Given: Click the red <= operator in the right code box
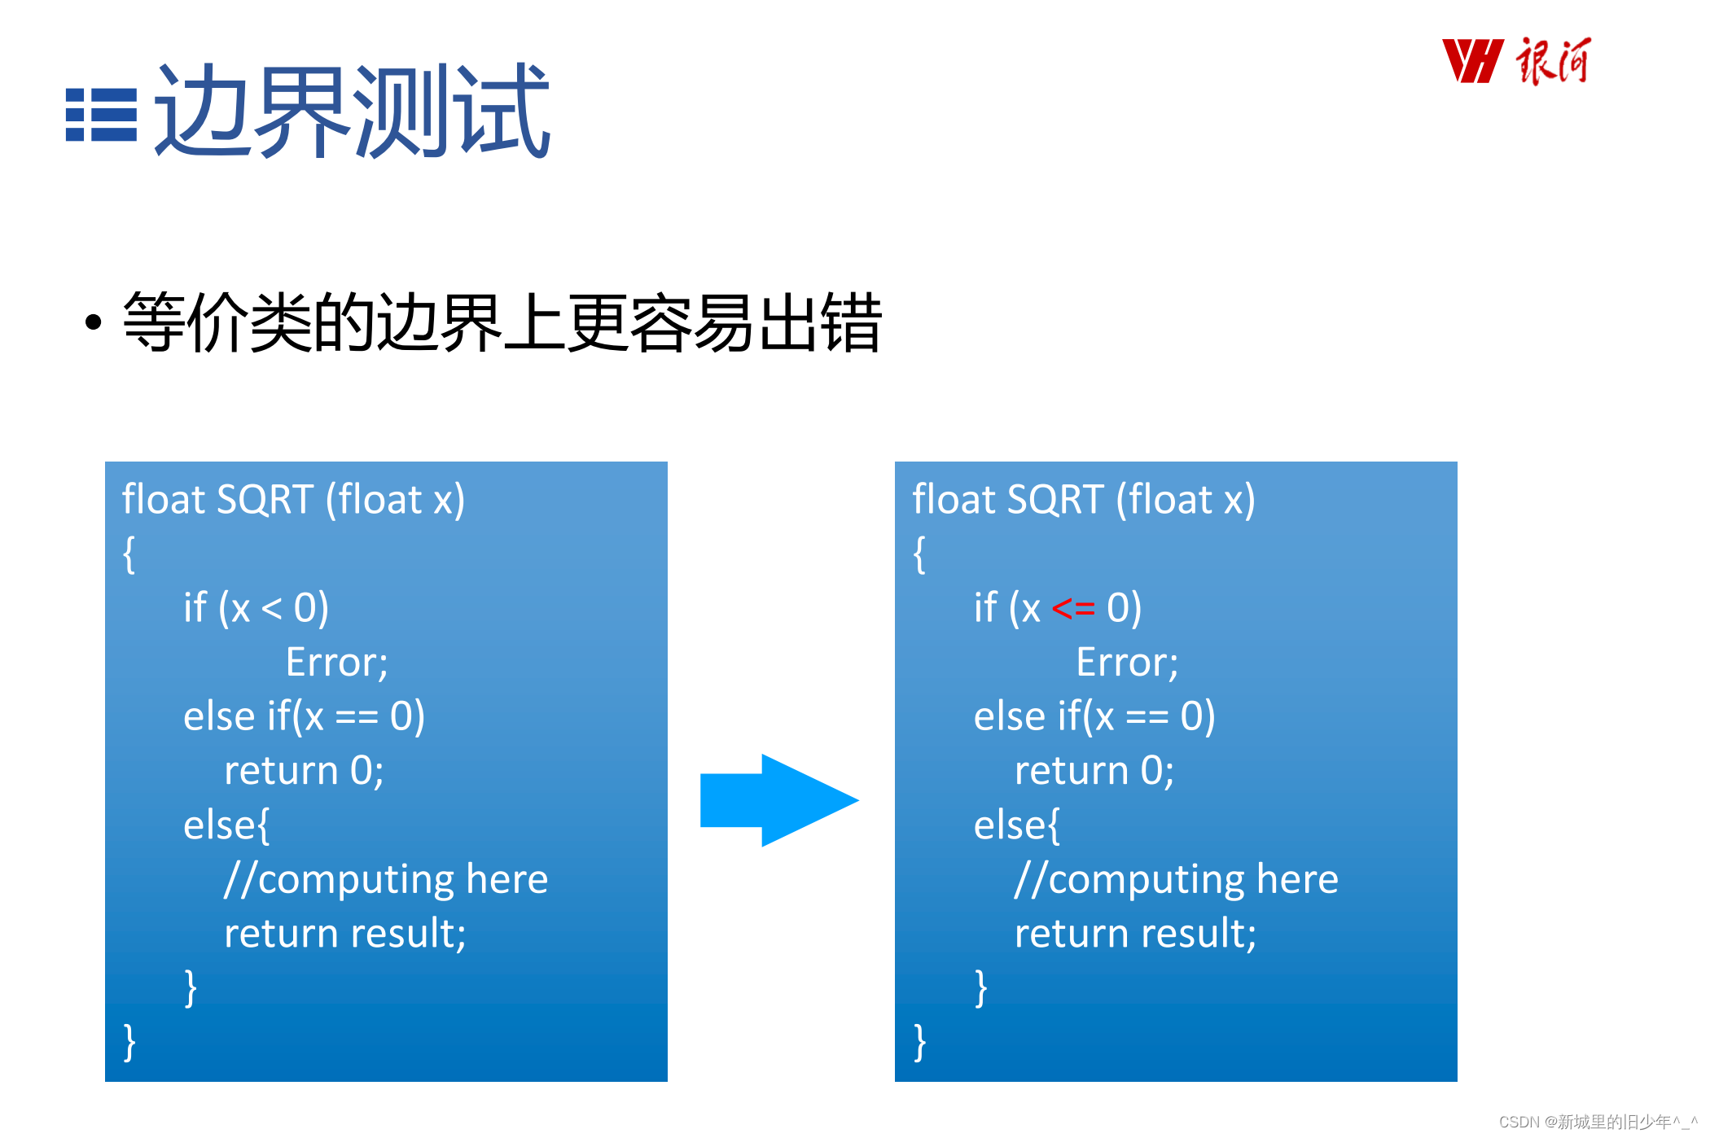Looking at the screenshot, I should (1072, 609).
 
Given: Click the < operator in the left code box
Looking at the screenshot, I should (271, 609).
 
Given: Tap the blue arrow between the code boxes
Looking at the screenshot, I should (778, 800).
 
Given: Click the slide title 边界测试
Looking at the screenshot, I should (352, 112).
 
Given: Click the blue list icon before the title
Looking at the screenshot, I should (101, 115).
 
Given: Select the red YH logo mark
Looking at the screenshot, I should (1471, 61).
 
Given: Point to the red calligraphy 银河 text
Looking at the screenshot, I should (1552, 61).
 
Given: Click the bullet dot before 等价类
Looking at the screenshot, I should (94, 322).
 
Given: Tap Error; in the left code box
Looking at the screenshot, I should (336, 663).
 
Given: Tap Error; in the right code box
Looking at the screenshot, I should (1127, 663).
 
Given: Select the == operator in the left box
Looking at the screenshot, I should (357, 717).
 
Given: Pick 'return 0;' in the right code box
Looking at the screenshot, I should (1094, 771).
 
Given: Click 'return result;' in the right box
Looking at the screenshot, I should (1135, 934).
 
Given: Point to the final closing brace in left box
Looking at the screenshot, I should (129, 1042).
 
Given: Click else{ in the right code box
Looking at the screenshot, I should (1016, 825).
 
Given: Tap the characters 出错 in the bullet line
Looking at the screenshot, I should (820, 323).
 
